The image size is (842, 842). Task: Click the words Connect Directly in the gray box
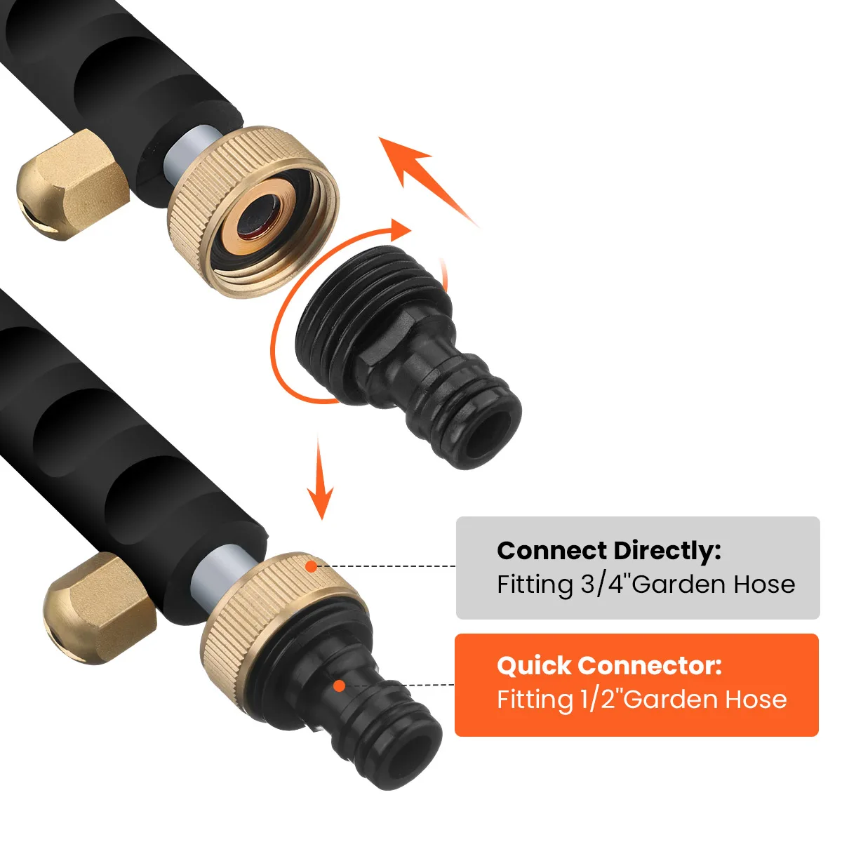tap(608, 551)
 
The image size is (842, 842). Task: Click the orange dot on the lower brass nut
tap(311, 565)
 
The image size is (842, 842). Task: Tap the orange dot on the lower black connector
tap(339, 685)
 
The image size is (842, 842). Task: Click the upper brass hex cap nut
tap(70, 182)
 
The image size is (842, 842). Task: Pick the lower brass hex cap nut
tap(98, 607)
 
